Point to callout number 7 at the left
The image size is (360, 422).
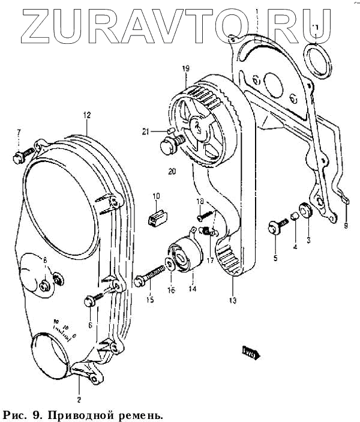19,132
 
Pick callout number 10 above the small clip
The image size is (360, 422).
156,196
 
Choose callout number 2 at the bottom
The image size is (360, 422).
78,399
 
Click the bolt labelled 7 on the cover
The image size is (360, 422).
18,157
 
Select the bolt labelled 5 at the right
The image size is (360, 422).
277,227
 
